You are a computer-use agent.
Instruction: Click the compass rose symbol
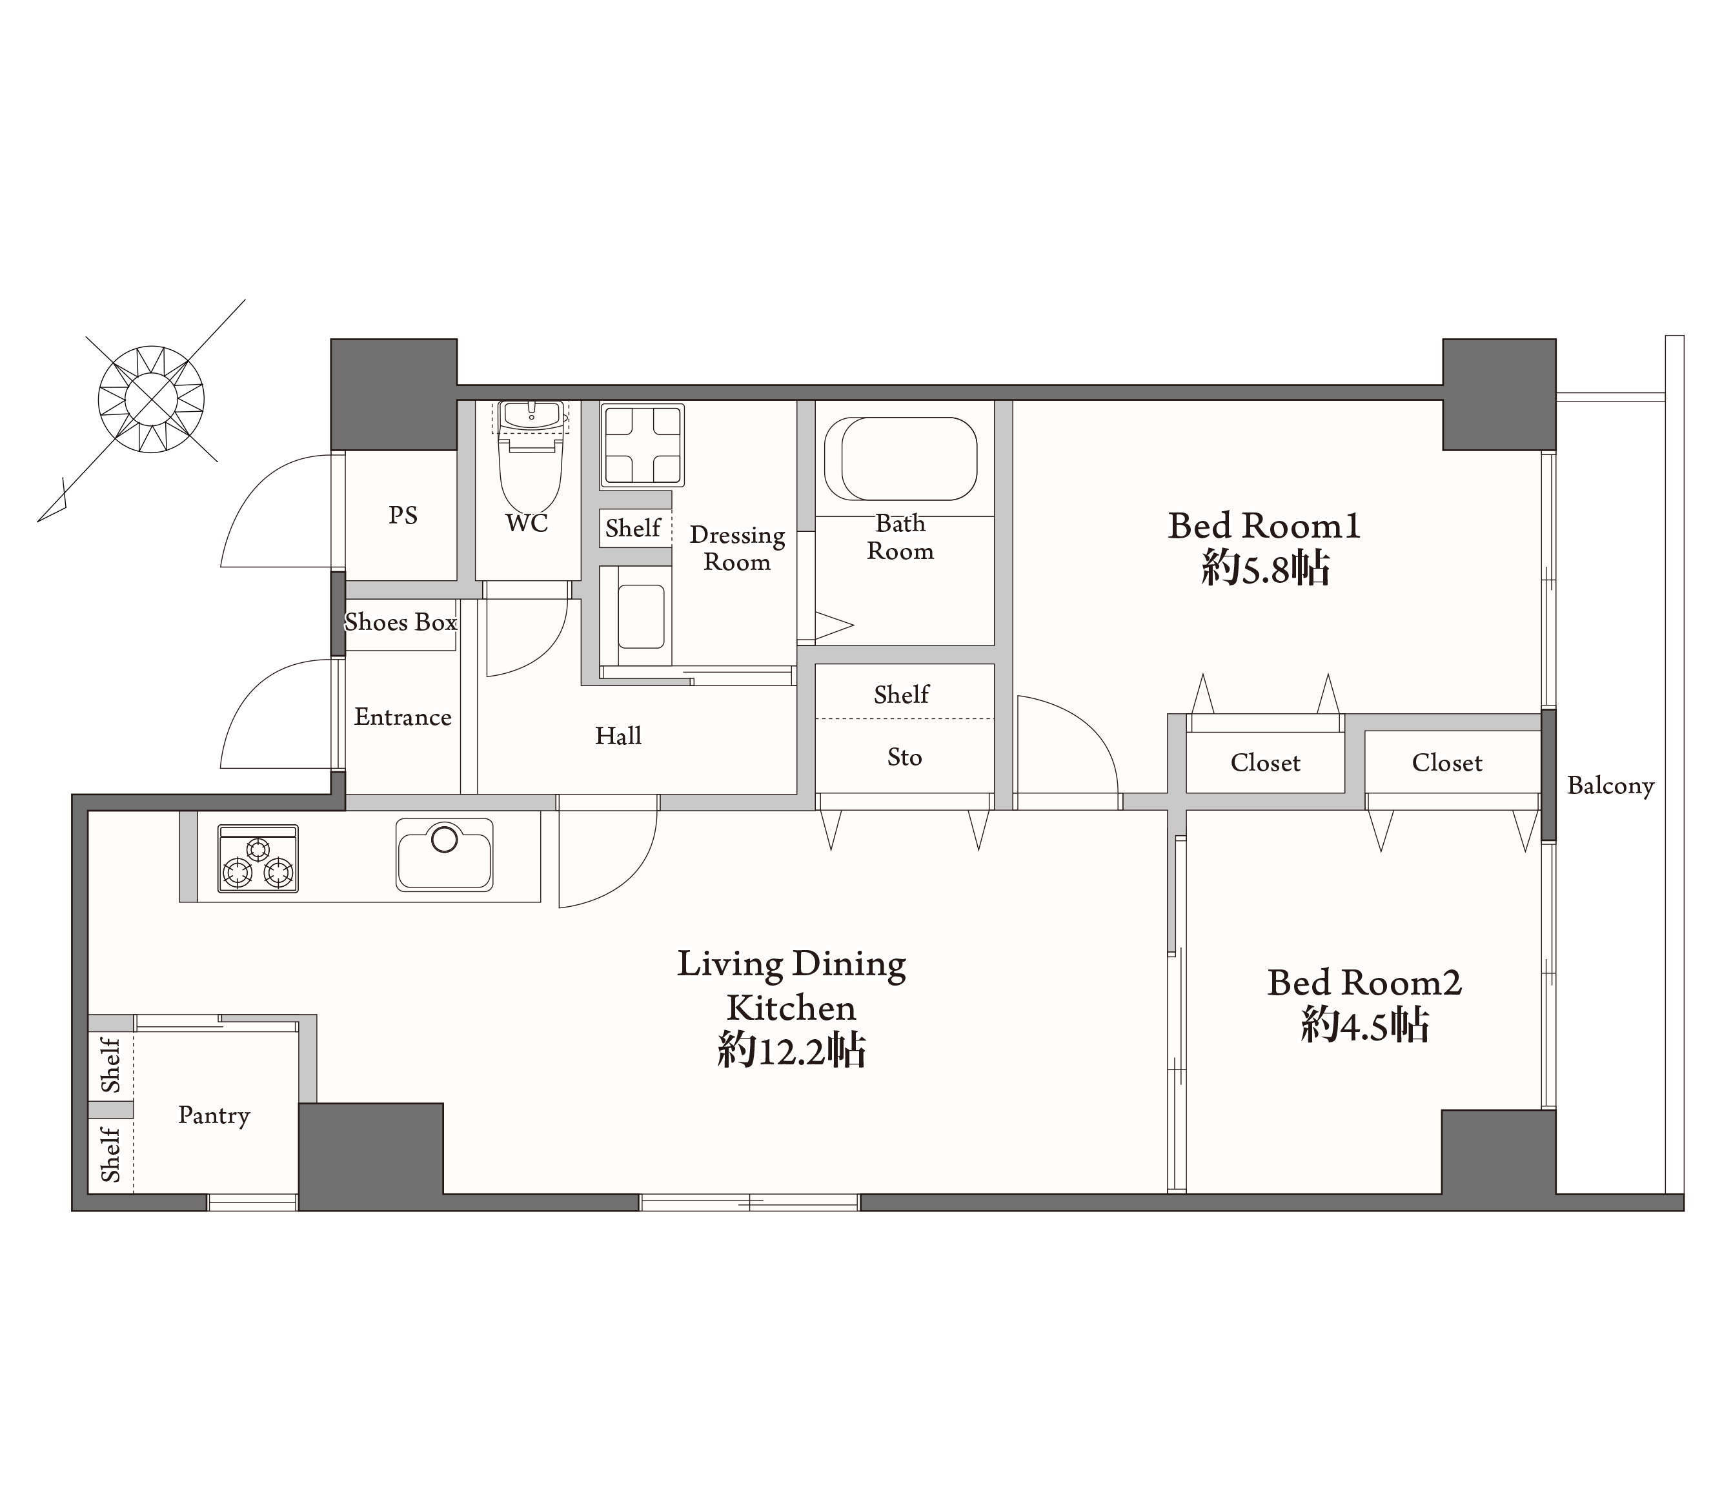click(x=151, y=399)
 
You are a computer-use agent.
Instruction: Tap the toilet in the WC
click(x=531, y=474)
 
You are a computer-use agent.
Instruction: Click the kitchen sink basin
click(x=444, y=855)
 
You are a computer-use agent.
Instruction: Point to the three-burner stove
click(x=258, y=858)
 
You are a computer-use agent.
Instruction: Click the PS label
click(x=403, y=515)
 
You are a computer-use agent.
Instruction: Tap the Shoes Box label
click(x=401, y=622)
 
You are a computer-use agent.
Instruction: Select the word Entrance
click(x=403, y=717)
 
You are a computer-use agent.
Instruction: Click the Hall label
click(x=618, y=736)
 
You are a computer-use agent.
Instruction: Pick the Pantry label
click(x=214, y=1116)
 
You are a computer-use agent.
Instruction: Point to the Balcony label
click(x=1611, y=786)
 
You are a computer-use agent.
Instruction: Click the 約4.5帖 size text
click(x=1365, y=1026)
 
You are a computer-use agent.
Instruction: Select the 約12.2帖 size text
click(x=792, y=1051)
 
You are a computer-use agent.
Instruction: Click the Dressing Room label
click(x=737, y=549)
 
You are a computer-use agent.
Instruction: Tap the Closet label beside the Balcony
click(x=1446, y=763)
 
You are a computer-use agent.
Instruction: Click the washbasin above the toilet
click(x=532, y=416)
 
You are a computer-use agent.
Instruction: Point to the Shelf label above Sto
click(x=902, y=695)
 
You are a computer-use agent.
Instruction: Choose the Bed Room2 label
click(x=1365, y=982)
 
